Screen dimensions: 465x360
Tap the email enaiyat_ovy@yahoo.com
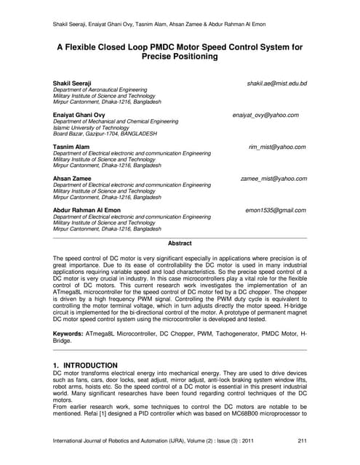(x=269, y=116)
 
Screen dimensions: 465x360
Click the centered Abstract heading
(x=180, y=243)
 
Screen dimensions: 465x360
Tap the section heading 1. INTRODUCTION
(x=85, y=364)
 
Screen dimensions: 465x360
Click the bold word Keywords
(x=70, y=333)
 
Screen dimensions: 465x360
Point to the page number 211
(x=303, y=441)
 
